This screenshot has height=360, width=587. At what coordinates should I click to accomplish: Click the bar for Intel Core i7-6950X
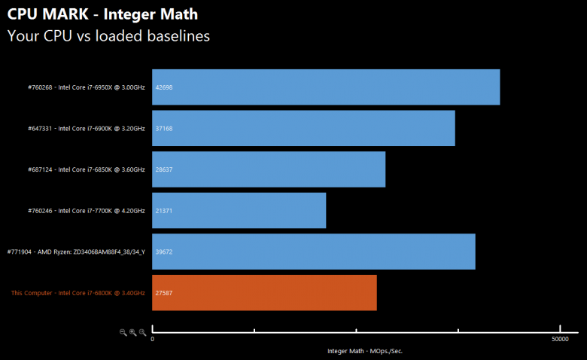[x=326, y=87]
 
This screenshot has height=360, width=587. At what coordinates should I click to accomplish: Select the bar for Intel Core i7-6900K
[x=303, y=128]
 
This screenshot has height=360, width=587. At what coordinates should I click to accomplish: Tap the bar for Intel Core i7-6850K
[x=269, y=169]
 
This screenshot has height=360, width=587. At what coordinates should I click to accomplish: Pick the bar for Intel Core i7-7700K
[x=239, y=210]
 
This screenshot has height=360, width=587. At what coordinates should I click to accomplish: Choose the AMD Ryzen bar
[x=313, y=252]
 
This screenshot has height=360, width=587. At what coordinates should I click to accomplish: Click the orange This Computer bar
[x=264, y=292]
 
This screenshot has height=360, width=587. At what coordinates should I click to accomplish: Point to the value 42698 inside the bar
[x=164, y=87]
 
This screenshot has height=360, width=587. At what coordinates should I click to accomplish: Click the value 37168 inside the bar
[x=164, y=128]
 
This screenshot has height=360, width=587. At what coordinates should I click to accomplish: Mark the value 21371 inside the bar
[x=164, y=210]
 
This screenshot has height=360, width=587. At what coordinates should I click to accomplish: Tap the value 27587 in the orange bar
[x=164, y=292]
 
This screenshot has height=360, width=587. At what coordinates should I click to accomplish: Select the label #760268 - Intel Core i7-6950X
[x=87, y=87]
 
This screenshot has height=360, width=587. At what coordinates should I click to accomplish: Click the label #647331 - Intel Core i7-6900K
[x=87, y=128]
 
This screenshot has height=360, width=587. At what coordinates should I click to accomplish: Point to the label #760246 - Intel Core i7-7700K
[x=87, y=210]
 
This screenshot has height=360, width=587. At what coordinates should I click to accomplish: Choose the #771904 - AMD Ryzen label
[x=75, y=252]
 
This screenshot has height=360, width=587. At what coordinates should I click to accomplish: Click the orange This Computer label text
[x=78, y=292]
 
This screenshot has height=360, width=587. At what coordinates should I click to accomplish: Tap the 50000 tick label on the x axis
[x=559, y=340]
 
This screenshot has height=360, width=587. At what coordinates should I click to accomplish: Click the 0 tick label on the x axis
[x=153, y=340]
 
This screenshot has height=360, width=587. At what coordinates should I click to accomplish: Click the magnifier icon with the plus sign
[x=132, y=332]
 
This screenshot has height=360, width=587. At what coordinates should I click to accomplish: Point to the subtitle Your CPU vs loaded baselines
[x=108, y=35]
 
